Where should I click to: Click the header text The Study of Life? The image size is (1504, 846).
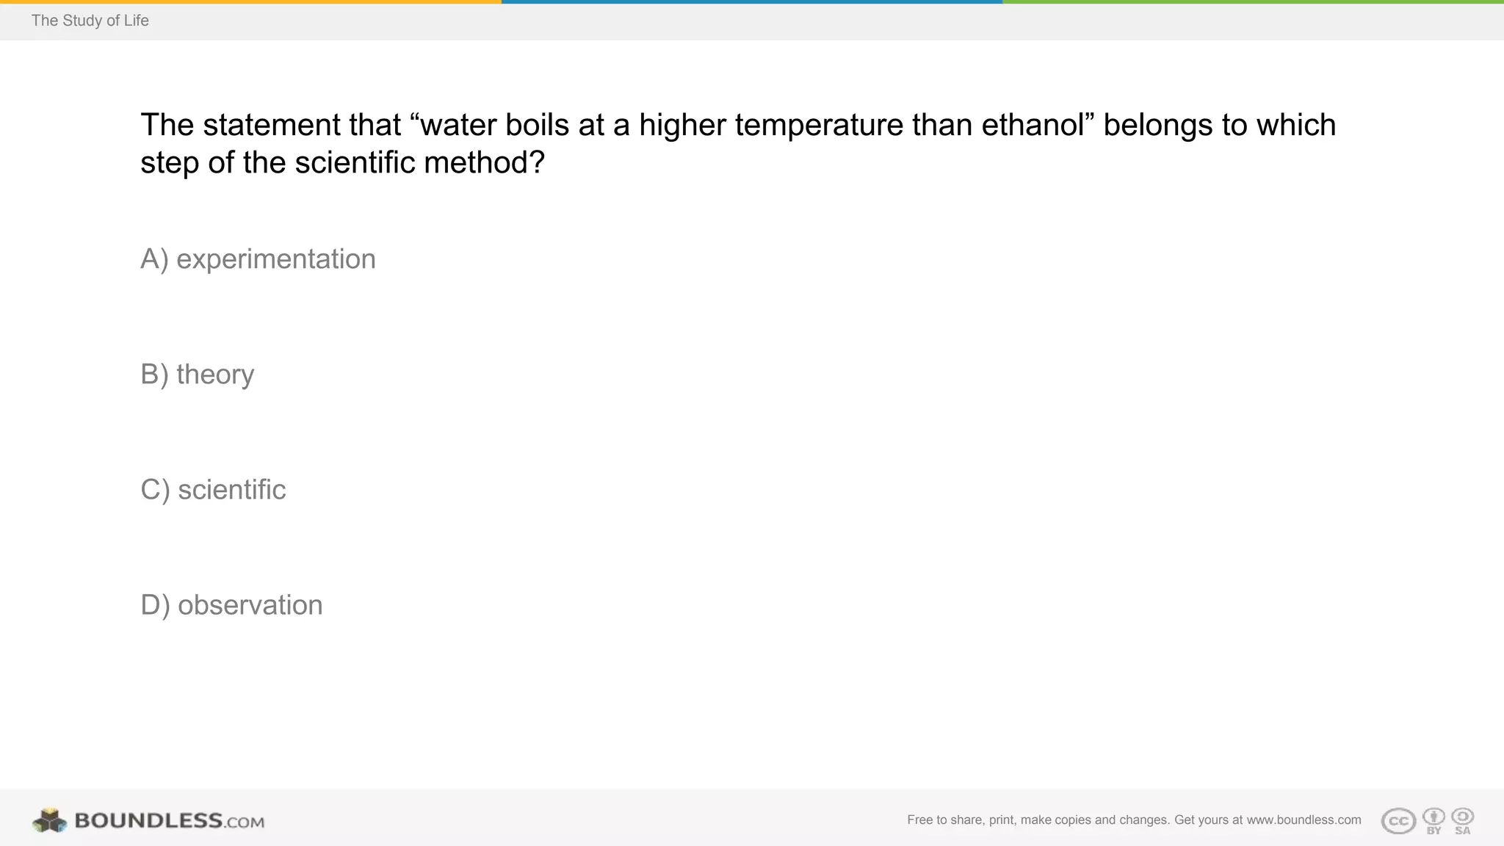point(90,21)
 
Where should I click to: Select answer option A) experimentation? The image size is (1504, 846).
point(258,259)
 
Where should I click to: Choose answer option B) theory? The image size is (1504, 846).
point(197,375)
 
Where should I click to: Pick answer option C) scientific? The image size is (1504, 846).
point(213,490)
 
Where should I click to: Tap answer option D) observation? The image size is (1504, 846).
point(231,605)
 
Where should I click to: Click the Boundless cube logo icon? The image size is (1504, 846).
point(49,820)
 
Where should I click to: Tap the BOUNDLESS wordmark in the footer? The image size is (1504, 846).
point(148,820)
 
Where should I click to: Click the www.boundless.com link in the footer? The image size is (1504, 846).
point(1304,820)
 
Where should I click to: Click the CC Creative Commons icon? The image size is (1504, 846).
point(1398,821)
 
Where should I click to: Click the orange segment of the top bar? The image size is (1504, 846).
point(250,1)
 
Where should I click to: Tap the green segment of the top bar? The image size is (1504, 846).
point(1253,1)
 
